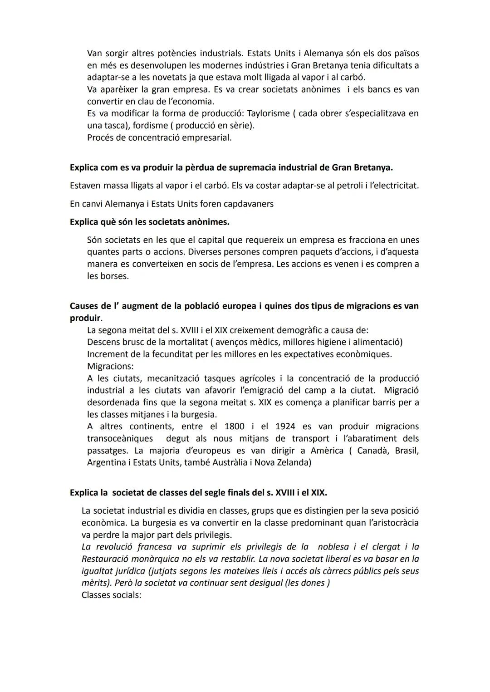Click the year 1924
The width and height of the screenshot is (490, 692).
[285, 427]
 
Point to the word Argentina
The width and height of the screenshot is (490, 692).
[105, 463]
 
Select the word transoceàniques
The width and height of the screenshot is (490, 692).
[120, 439]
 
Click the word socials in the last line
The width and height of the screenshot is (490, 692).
[127, 595]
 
